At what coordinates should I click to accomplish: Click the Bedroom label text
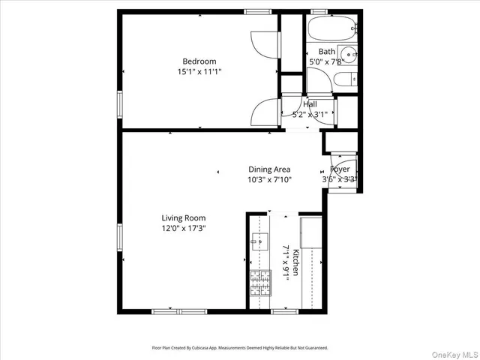199,61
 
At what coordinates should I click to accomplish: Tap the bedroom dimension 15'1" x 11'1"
199,72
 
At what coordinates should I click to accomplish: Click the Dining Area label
269,169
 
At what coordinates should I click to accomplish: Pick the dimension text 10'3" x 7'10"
269,180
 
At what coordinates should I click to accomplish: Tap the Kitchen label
296,262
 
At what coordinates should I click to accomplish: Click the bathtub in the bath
331,31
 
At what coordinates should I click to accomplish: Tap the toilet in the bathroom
344,80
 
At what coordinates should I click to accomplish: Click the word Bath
326,52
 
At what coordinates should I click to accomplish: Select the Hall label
310,104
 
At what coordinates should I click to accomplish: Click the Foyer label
340,169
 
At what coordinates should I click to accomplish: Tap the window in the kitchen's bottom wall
283,311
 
